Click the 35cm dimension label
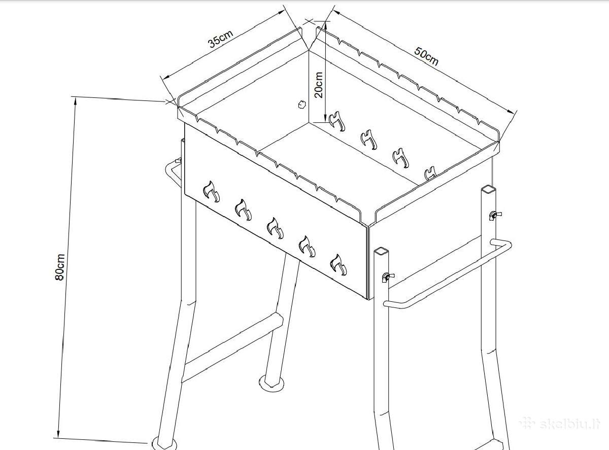click(x=221, y=39)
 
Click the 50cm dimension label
click(x=426, y=56)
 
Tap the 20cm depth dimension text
click(x=319, y=85)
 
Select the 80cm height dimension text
click(x=60, y=267)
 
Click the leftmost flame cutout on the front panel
click(x=212, y=192)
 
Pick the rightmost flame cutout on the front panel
click(x=339, y=265)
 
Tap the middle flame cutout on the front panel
click(x=275, y=228)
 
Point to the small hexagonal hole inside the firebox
click(x=302, y=105)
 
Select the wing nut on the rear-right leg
click(x=495, y=215)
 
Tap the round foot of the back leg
click(x=272, y=382)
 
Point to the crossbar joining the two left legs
click(x=232, y=348)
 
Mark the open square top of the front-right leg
click(x=381, y=251)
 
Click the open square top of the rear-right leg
click(x=489, y=189)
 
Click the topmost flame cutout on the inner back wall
click(x=337, y=121)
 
